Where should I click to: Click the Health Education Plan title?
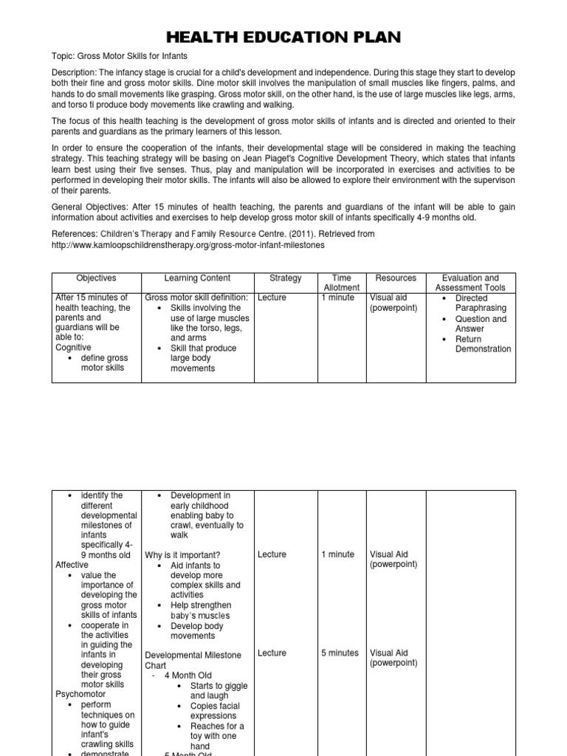(283, 38)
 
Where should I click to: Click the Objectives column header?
(96, 278)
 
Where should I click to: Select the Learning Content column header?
(197, 278)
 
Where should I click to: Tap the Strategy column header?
(286, 278)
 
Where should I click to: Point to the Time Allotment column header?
(341, 283)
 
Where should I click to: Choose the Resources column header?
(396, 278)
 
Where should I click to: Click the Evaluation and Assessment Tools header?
(470, 283)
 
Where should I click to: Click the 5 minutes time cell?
(340, 653)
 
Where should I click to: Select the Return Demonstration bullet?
(483, 344)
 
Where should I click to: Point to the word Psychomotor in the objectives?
(80, 695)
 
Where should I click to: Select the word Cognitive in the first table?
(74, 347)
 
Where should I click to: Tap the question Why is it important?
(182, 555)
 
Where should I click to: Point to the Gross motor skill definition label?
(197, 298)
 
